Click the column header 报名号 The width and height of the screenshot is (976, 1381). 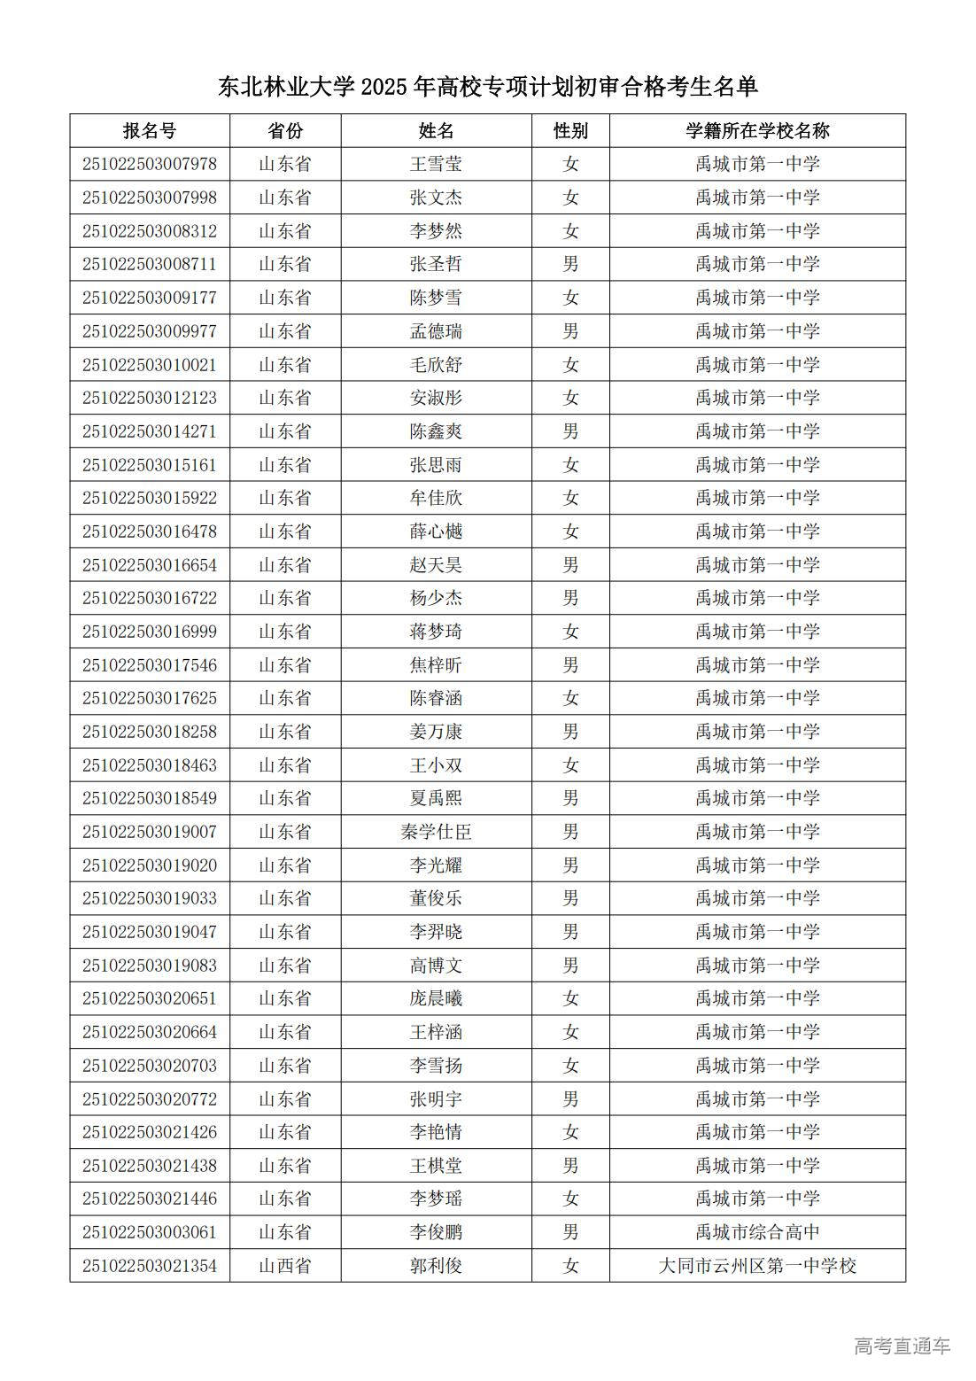click(x=150, y=131)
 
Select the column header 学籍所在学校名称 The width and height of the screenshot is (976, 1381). click(x=757, y=131)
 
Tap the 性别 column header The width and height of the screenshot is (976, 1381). click(x=570, y=131)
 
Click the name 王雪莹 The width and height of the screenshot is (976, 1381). click(x=436, y=164)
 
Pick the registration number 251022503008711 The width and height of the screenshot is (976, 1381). click(x=150, y=264)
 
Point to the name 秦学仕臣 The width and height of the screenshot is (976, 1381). click(x=436, y=832)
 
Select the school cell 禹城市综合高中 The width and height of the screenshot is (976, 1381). click(x=757, y=1232)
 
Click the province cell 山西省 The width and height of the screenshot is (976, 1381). click(x=285, y=1266)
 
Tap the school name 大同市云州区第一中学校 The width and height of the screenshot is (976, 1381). click(x=757, y=1266)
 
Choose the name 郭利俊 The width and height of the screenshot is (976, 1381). click(x=436, y=1266)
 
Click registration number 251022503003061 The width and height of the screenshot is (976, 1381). click(x=150, y=1232)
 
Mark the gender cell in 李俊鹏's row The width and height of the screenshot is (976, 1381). click(x=570, y=1232)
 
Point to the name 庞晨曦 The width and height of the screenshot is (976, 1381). click(x=436, y=998)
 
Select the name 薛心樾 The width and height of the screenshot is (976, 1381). click(x=436, y=531)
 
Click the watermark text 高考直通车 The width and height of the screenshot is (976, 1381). click(x=902, y=1346)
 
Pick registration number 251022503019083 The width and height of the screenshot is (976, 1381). click(x=150, y=966)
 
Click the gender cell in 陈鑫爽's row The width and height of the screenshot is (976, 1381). click(x=570, y=431)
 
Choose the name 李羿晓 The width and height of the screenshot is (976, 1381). click(x=436, y=932)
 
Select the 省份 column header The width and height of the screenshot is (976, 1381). click(x=285, y=131)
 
